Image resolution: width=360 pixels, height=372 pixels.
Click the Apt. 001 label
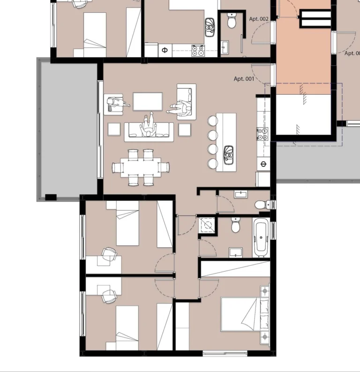(244, 79)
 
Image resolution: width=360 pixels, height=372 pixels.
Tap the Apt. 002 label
(258, 19)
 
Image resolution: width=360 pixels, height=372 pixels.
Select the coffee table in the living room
(148, 101)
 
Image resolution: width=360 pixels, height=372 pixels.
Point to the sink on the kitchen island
(229, 155)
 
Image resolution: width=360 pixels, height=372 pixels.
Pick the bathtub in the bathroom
(261, 237)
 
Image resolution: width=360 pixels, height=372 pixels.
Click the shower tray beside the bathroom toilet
(206, 225)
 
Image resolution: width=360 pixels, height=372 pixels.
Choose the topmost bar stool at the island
(213, 121)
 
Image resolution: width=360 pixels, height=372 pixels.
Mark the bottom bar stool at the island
(213, 163)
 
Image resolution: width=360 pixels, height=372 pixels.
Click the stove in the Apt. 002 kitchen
(198, 50)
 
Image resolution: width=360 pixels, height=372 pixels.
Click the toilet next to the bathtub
(236, 227)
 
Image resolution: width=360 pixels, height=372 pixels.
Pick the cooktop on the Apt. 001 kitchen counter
(262, 134)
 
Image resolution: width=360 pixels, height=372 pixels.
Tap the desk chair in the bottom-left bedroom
(109, 296)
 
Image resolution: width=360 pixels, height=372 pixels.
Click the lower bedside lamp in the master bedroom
(265, 337)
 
